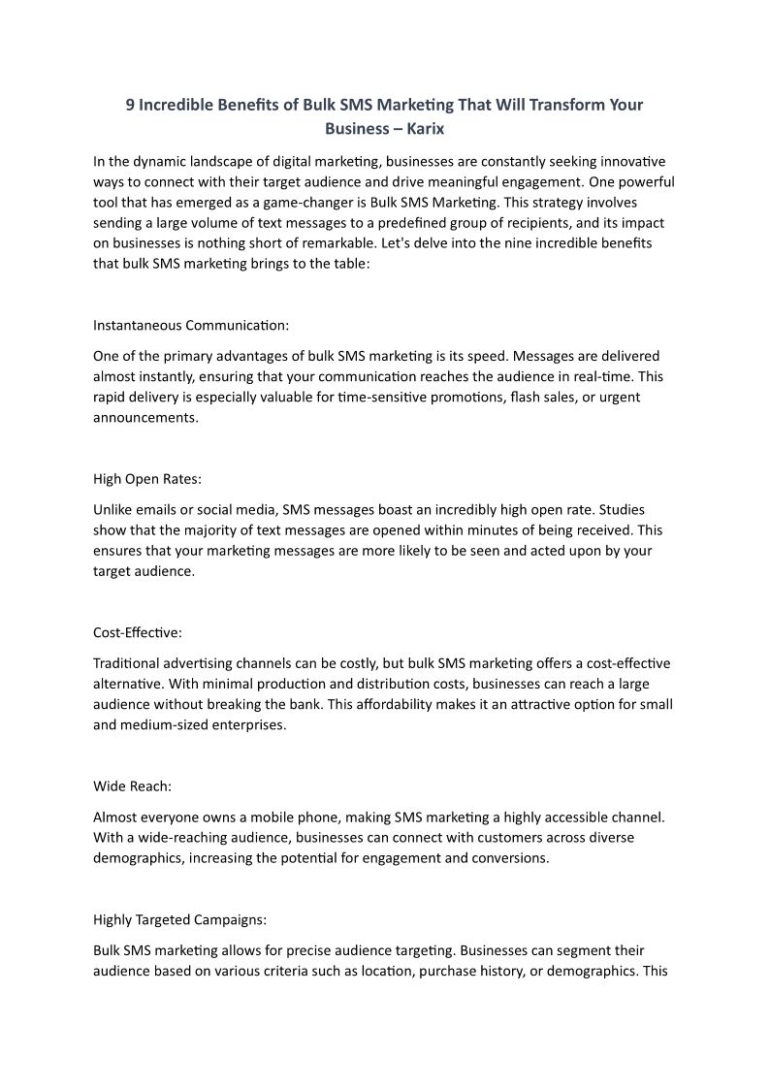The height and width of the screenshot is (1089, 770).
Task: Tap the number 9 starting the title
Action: [x=130, y=105]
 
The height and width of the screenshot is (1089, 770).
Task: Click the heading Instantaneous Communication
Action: [x=191, y=324]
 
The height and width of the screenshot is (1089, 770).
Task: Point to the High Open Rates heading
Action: [x=146, y=478]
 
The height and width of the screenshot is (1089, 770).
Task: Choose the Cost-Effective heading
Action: [x=137, y=632]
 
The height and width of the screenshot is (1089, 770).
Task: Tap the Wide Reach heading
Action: [x=132, y=785]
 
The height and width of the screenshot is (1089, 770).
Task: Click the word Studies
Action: [x=619, y=509]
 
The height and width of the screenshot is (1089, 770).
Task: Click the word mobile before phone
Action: [x=274, y=817]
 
